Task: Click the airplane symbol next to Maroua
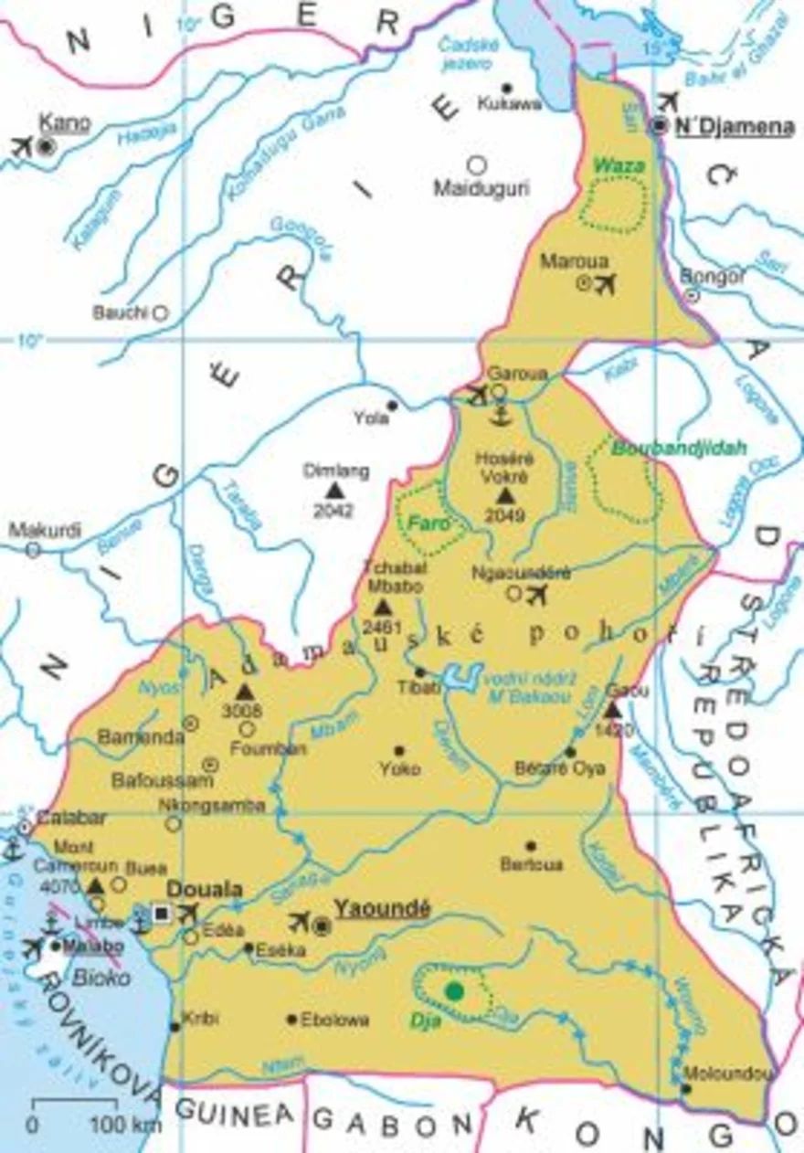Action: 605,284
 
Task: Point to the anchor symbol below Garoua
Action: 498,415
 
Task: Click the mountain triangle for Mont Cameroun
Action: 96,885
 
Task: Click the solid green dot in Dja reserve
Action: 453,990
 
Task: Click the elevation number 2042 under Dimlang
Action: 333,511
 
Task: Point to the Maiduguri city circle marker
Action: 476,165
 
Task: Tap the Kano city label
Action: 63,122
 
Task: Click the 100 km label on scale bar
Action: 124,1123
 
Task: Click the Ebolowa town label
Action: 334,1020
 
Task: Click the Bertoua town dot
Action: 531,846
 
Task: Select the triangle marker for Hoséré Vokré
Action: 505,495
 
